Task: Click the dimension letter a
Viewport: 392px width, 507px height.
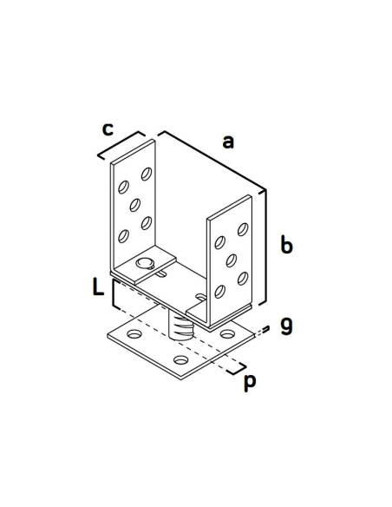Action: point(228,142)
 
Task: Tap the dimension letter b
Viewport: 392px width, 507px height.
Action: point(286,245)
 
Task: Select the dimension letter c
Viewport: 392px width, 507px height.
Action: point(108,129)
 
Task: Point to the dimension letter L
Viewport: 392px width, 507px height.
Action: point(98,286)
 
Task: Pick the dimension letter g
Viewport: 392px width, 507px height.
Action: point(286,326)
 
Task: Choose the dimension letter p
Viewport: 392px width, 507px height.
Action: point(250,383)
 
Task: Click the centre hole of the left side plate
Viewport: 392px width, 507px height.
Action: point(135,205)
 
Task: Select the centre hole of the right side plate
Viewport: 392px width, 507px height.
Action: point(232,260)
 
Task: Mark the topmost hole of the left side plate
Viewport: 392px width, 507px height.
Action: point(147,174)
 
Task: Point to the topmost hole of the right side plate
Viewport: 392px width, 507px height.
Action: point(243,229)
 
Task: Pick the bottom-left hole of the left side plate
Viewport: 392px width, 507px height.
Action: point(123,236)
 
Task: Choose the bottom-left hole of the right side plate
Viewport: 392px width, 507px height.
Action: point(219,292)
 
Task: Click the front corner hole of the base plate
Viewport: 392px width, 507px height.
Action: point(181,359)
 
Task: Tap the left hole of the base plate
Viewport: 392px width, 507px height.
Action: point(135,333)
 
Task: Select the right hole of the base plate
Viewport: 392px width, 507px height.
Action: point(227,333)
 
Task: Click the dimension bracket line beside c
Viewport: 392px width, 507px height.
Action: point(121,144)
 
